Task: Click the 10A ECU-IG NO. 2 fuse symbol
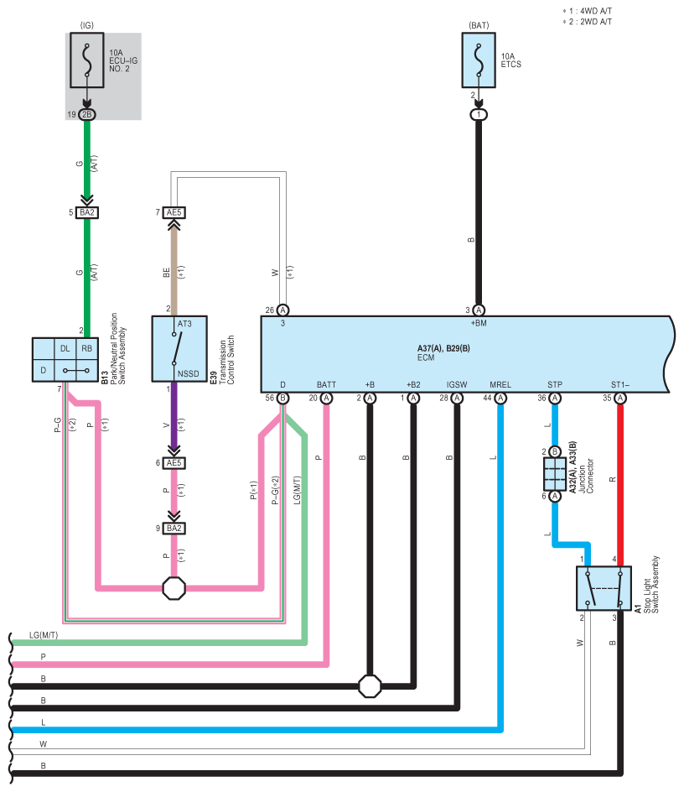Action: point(87,60)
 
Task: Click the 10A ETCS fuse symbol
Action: point(479,60)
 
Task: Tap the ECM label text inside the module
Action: point(426,357)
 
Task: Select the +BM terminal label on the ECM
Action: point(479,323)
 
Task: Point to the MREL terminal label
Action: point(500,385)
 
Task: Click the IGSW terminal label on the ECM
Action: point(457,385)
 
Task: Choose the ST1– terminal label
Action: point(620,385)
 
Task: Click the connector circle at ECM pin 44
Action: point(500,398)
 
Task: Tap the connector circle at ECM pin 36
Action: point(555,398)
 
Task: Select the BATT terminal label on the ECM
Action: point(326,385)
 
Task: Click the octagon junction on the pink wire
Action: point(174,588)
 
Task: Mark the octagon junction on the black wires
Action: point(370,686)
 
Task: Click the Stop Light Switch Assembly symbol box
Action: point(604,588)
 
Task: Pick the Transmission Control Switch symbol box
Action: point(179,348)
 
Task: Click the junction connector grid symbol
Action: point(555,474)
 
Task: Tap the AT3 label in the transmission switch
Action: point(184,324)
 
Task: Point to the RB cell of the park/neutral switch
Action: point(87,348)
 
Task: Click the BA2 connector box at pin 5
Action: point(87,212)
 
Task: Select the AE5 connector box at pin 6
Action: point(174,463)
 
